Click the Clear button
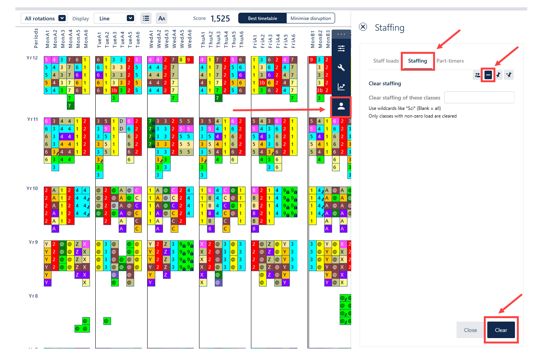[501, 330]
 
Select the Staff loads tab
[386, 61]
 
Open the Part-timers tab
[450, 61]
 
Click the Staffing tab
[417, 61]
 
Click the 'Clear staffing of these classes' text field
[479, 98]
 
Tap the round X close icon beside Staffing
[363, 27]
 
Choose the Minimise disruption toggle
[311, 18]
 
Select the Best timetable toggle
[262, 18]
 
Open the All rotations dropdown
[44, 18]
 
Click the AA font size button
[162, 18]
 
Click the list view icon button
[146, 18]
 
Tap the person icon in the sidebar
[341, 106]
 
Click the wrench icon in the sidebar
[341, 68]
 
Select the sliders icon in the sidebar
[341, 48]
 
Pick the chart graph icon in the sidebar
[341, 87]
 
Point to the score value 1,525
[220, 18]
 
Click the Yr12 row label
[32, 58]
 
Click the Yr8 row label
[33, 296]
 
